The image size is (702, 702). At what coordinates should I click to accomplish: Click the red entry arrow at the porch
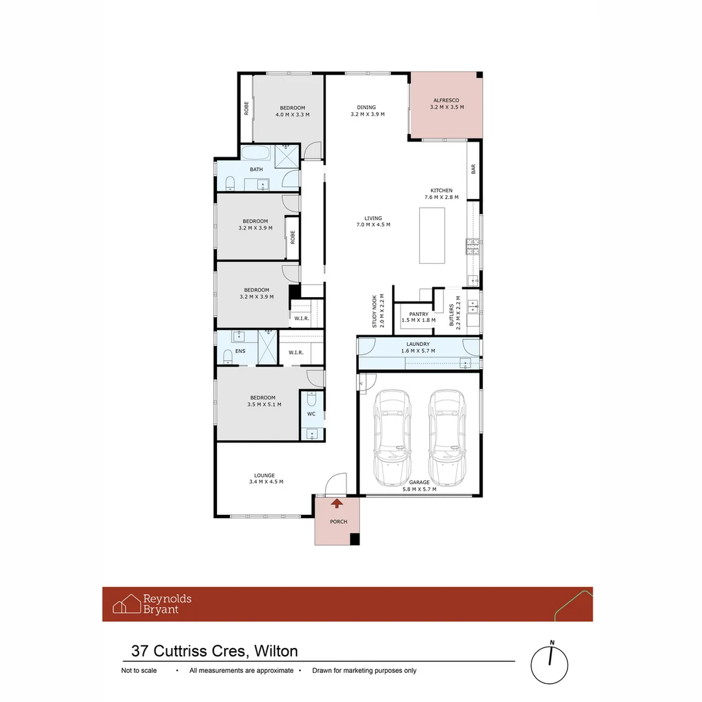337,502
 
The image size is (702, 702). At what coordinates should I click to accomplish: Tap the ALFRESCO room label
447,101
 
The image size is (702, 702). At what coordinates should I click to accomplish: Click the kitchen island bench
432,235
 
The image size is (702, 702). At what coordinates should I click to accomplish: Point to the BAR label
473,169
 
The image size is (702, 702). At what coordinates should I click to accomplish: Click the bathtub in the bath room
256,154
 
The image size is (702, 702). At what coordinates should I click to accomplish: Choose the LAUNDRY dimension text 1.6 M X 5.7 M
418,351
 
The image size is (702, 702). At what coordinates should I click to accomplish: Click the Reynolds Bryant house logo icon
127,604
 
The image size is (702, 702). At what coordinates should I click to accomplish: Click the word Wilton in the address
276,651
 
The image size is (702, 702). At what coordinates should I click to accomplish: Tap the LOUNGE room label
265,475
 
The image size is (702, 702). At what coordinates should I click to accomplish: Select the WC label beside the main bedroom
311,413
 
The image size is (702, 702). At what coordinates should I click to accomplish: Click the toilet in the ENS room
227,356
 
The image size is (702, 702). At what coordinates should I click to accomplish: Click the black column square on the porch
354,539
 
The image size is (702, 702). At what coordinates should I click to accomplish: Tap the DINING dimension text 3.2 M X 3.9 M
367,114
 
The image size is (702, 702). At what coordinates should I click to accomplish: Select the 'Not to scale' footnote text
139,671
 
